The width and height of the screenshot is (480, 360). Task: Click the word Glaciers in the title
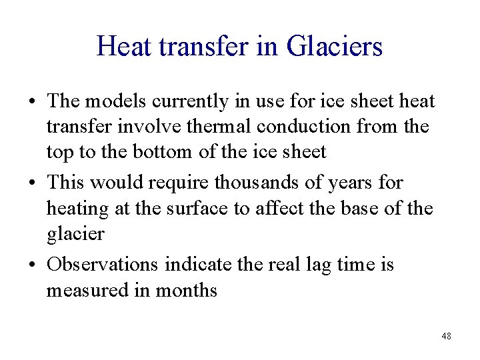click(335, 47)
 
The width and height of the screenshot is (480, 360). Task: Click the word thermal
click(213, 127)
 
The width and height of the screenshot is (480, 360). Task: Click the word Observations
click(102, 265)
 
